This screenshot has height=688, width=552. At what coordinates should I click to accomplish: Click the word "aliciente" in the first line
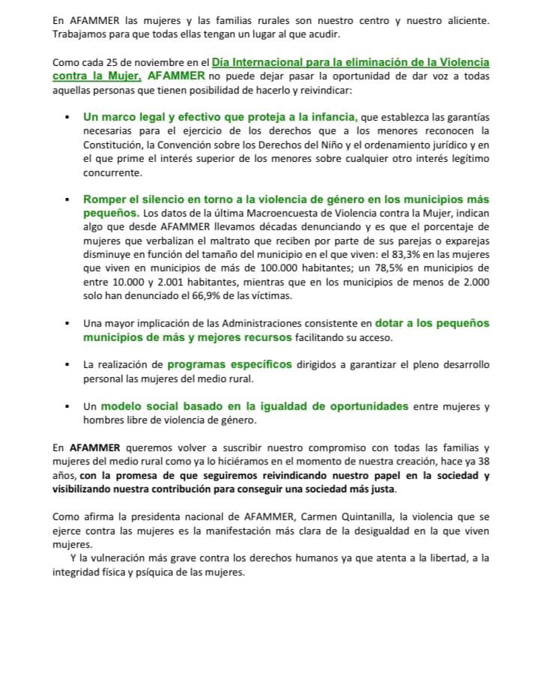464,20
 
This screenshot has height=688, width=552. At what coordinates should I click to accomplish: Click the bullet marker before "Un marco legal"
67,118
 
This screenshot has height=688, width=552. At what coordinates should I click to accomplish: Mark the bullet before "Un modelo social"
67,407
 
